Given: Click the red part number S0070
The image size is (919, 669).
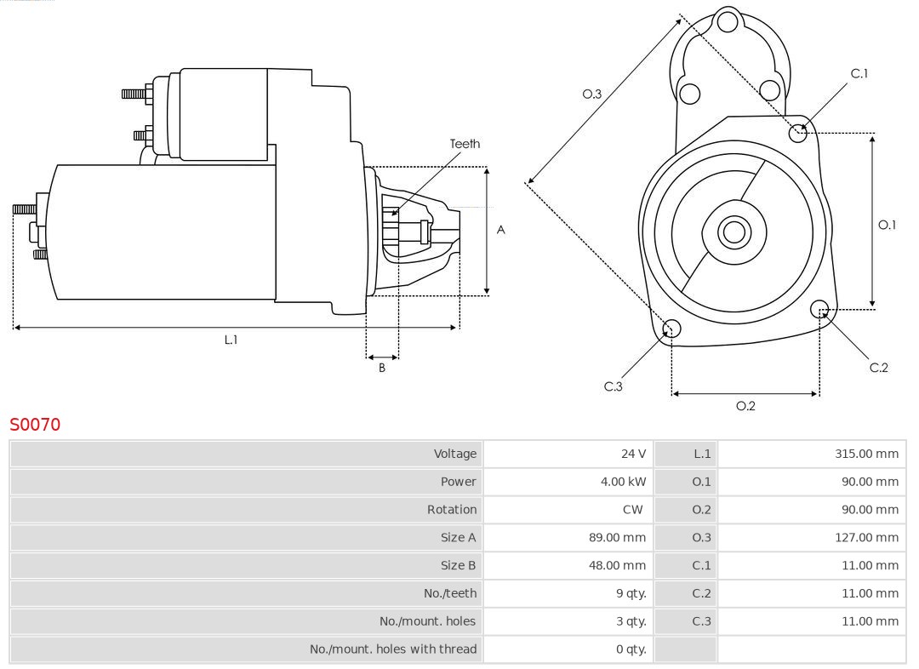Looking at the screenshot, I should pyautogui.click(x=35, y=424).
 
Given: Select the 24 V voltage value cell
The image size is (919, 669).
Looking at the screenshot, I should pyautogui.click(x=633, y=454).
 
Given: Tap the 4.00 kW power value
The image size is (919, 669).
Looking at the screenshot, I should pyautogui.click(x=623, y=482).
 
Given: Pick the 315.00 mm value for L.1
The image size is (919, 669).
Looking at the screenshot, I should pyautogui.click(x=866, y=454).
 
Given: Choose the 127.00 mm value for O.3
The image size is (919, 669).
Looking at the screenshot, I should pyautogui.click(x=866, y=537).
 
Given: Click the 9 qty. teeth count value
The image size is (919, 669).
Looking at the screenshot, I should pyautogui.click(x=630, y=593).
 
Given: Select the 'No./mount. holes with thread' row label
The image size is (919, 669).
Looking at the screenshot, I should pyautogui.click(x=393, y=649).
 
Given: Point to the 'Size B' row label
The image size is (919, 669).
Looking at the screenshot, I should pyautogui.click(x=458, y=565).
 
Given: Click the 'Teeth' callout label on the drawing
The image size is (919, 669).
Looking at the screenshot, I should pyautogui.click(x=465, y=144).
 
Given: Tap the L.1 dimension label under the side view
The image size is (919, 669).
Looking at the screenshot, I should pyautogui.click(x=231, y=340).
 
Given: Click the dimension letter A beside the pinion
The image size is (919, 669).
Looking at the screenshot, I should pyautogui.click(x=500, y=230).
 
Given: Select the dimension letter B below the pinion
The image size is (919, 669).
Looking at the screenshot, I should pyautogui.click(x=382, y=369).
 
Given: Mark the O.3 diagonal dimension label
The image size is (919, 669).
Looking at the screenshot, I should pyautogui.click(x=591, y=94).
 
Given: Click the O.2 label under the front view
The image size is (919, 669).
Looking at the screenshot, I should pyautogui.click(x=745, y=406).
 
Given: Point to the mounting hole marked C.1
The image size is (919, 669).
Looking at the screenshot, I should pyautogui.click(x=798, y=132).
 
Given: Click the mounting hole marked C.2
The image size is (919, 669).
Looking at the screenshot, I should pyautogui.click(x=819, y=308).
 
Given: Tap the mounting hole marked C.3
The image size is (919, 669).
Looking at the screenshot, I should pyautogui.click(x=671, y=329).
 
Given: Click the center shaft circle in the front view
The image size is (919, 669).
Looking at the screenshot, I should pyautogui.click(x=733, y=232).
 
